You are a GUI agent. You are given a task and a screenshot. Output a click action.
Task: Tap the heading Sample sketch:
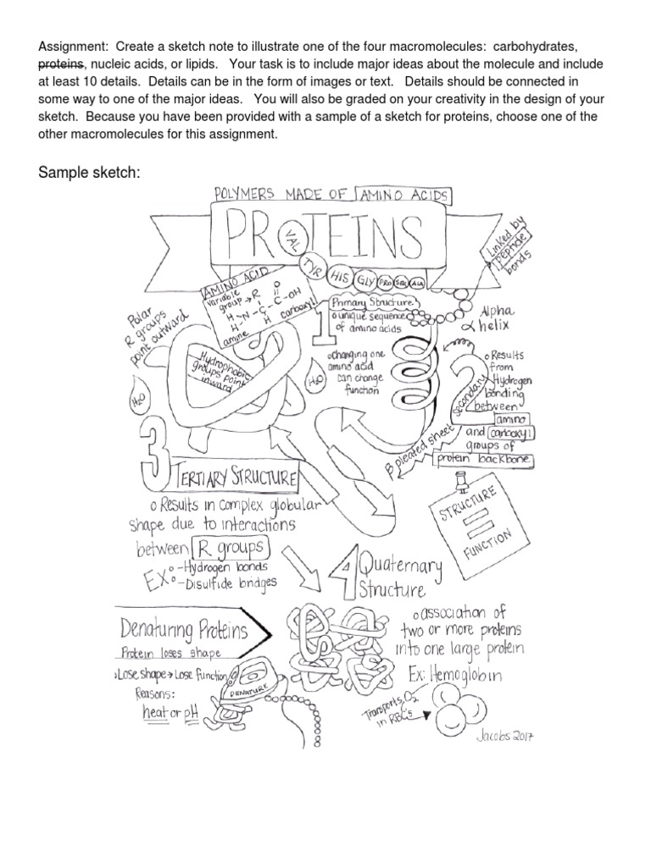tap(88, 173)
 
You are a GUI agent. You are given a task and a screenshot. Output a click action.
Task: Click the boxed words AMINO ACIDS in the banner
tap(405, 196)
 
